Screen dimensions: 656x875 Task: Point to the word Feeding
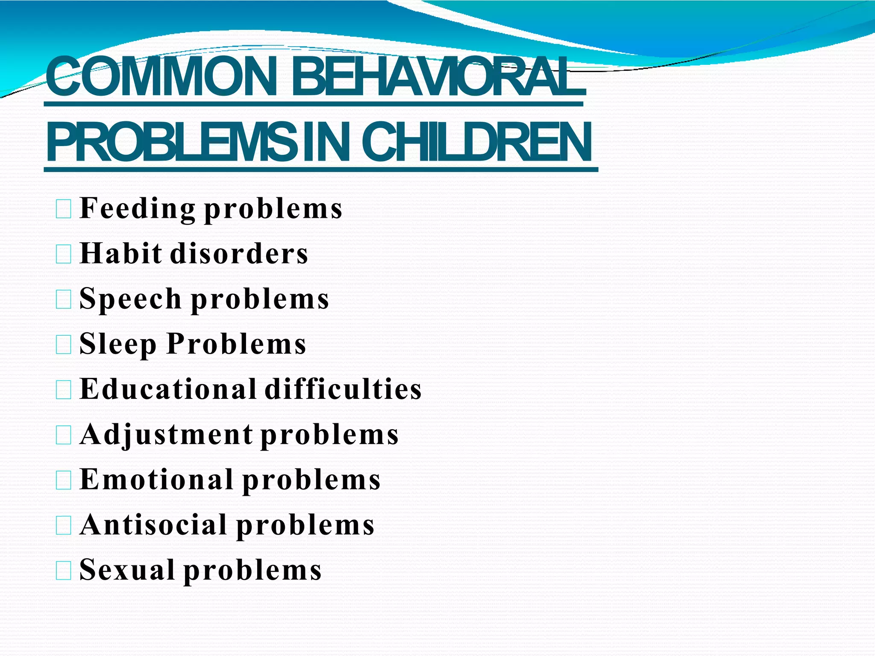(x=138, y=208)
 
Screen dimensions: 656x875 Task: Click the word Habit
(x=121, y=253)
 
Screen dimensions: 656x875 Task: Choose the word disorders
(x=239, y=253)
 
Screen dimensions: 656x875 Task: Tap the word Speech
(x=130, y=299)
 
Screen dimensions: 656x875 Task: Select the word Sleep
(x=118, y=344)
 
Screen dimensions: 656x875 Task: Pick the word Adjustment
(x=166, y=434)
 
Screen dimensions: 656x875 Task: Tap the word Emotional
(x=157, y=480)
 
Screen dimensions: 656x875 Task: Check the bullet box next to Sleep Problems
(x=64, y=345)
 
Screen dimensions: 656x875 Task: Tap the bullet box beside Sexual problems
(x=64, y=571)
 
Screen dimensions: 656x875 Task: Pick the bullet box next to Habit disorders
(x=64, y=255)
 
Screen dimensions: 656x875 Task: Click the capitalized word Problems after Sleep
(x=236, y=344)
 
